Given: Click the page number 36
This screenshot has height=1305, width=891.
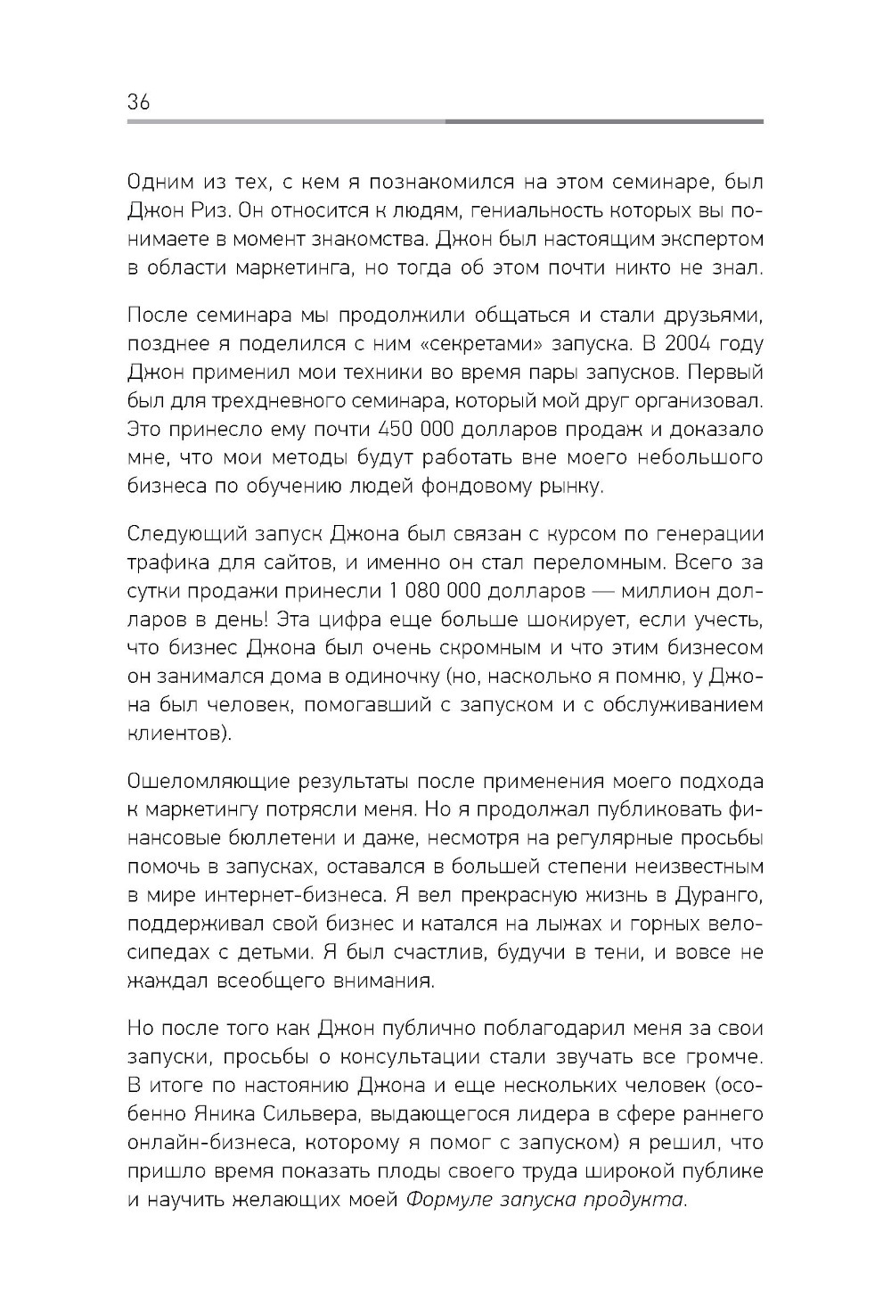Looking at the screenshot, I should click(139, 102).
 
